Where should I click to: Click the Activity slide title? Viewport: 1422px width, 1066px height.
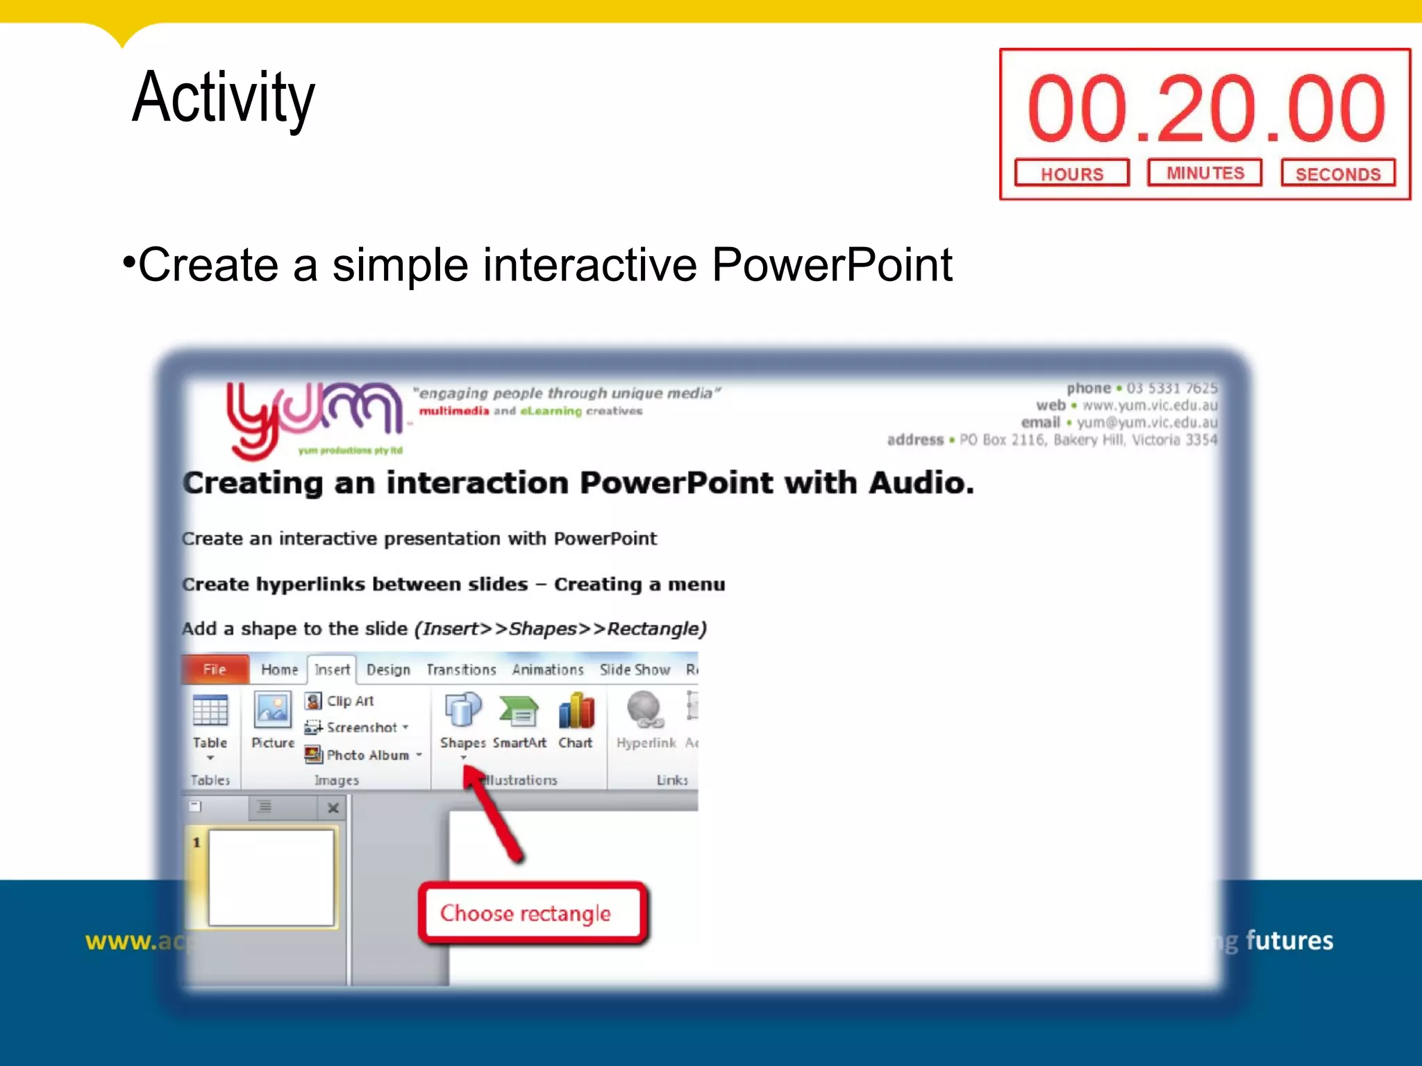point(223,98)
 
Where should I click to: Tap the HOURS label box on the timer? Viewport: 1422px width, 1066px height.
point(1071,174)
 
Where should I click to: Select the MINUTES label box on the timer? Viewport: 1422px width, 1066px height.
point(1205,173)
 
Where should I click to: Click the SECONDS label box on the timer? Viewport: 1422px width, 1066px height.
point(1338,174)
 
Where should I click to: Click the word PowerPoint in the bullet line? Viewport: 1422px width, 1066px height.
point(832,265)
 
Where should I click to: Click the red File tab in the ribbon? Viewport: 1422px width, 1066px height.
point(215,670)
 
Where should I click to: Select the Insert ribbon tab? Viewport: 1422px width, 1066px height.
point(332,670)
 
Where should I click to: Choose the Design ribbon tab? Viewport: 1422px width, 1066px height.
point(388,670)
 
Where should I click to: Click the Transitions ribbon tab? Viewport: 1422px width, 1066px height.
point(461,670)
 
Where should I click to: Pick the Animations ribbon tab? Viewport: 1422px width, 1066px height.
point(548,670)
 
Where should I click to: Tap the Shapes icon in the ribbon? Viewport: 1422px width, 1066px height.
point(462,711)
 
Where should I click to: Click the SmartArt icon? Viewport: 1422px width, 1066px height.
point(519,711)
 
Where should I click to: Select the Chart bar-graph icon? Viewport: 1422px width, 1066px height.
point(576,711)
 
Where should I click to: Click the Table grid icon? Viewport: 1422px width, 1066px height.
point(210,711)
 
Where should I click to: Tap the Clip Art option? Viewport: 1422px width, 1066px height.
point(340,701)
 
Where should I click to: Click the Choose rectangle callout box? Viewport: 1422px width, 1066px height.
point(533,913)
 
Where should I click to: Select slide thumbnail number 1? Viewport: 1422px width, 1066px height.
point(271,877)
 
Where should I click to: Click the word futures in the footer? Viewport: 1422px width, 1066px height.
point(1289,941)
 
